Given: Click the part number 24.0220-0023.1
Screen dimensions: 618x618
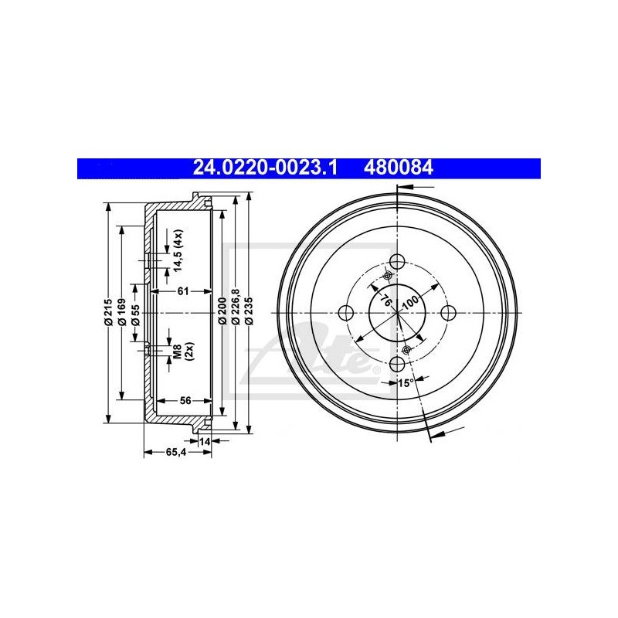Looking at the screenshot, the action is coord(265,168).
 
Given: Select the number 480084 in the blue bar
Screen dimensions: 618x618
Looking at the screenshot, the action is coord(399,168).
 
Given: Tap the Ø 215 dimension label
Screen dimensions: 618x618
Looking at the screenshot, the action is coord(109,313).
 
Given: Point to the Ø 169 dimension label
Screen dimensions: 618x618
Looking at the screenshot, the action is coord(122,313).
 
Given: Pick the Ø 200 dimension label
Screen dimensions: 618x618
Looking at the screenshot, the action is coord(222,313).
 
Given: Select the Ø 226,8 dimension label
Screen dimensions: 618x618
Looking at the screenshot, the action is coord(236,307).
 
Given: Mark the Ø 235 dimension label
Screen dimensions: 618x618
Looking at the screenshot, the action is coord(249,312).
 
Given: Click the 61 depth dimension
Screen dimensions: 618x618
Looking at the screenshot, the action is coord(183,291).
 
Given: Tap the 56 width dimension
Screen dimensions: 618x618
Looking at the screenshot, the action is coord(185,400).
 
